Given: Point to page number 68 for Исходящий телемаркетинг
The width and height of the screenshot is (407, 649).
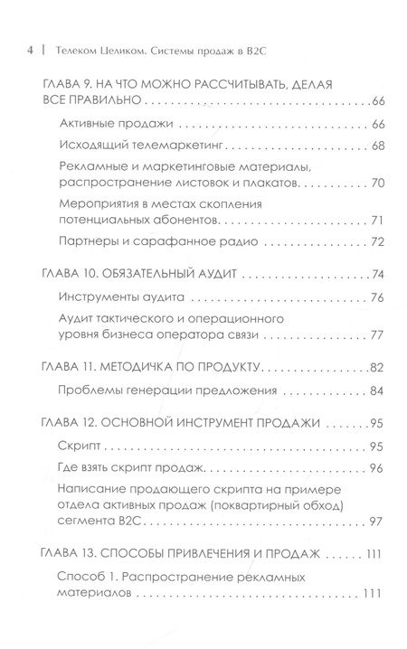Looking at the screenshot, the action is (x=378, y=146).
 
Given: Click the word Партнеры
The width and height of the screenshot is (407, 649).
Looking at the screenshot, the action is (x=111, y=242).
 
